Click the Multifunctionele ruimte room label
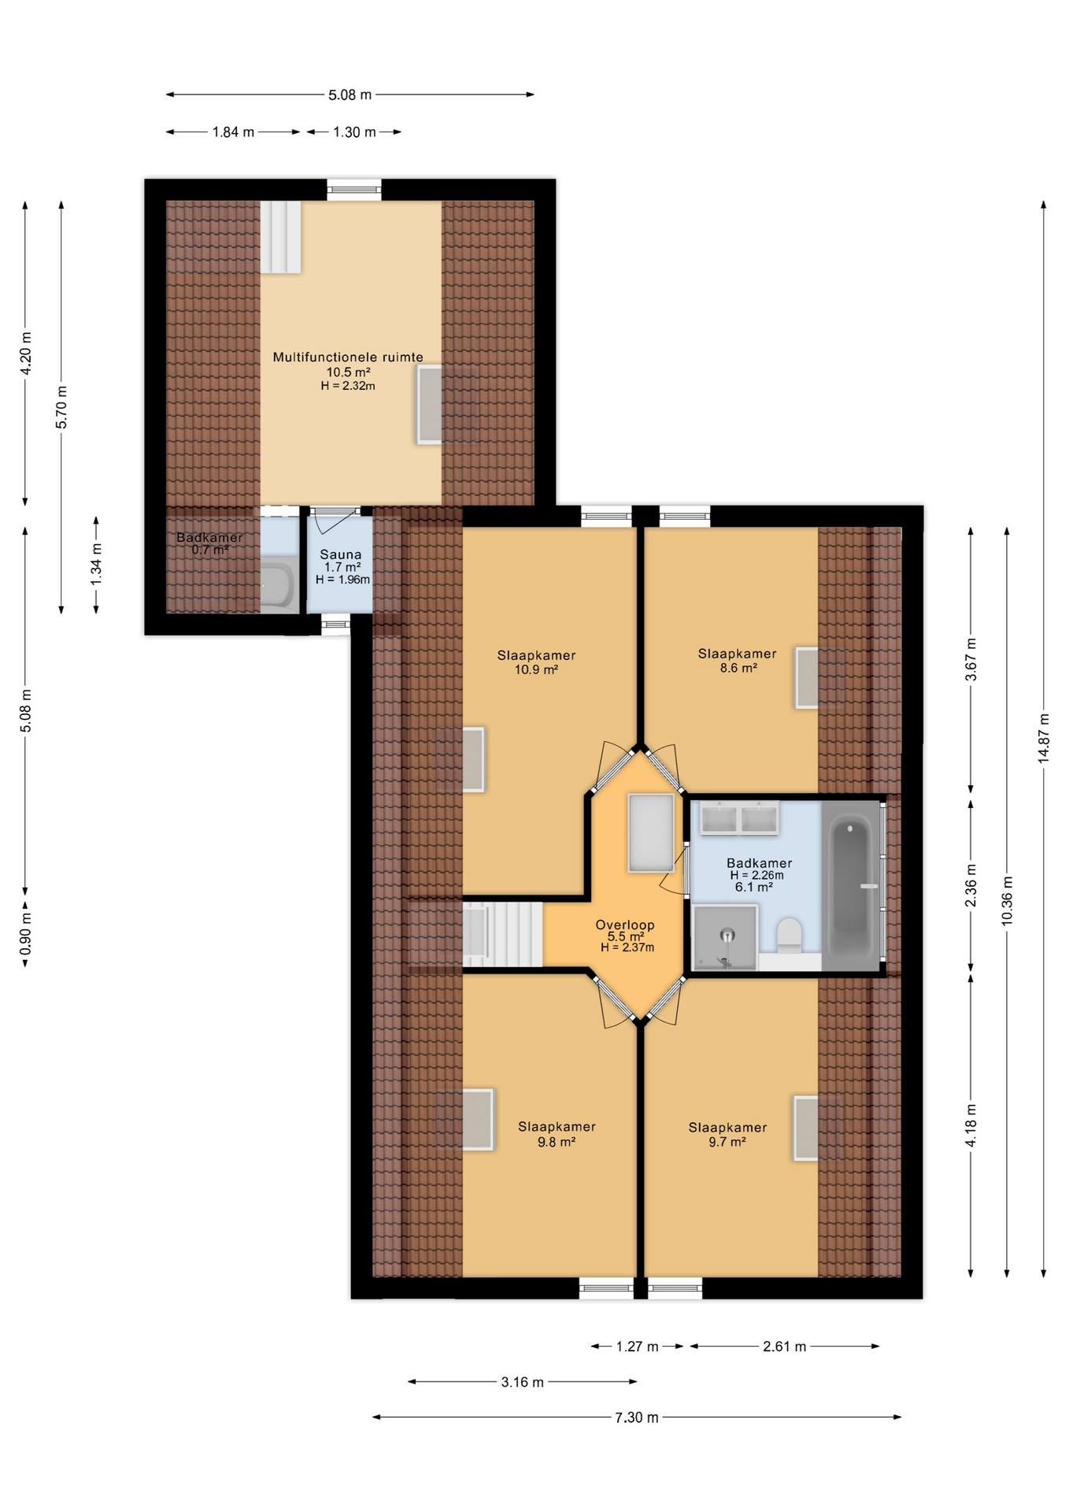(348, 358)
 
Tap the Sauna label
(341, 554)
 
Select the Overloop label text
(625, 925)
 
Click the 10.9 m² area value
(536, 670)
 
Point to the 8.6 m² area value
(738, 668)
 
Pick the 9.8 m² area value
(557, 1142)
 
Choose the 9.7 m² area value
(727, 1142)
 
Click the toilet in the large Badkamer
(789, 936)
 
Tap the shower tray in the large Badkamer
(725, 937)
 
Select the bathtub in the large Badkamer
(851, 886)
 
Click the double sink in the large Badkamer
(739, 818)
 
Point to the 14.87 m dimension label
(1044, 738)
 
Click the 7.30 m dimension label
(637, 1417)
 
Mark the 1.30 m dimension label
(354, 132)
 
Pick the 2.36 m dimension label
(971, 885)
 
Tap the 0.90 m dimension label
(26, 933)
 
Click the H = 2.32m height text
(348, 386)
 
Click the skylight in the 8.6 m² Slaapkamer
(807, 677)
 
